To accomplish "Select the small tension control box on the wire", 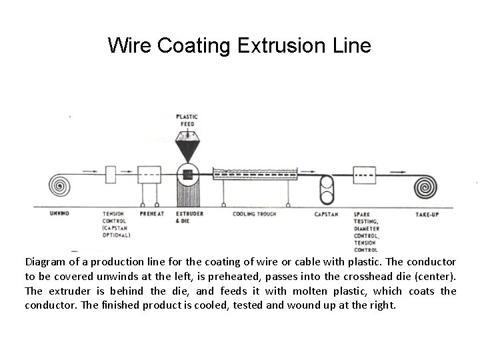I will pyautogui.click(x=111, y=174).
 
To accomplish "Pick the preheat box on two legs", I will pyautogui.click(x=149, y=177).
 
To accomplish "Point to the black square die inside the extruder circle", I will pyautogui.click(x=188, y=175).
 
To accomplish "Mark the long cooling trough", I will pyautogui.click(x=254, y=175).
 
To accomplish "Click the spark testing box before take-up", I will pyautogui.click(x=364, y=176).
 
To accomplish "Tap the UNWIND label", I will pyautogui.click(x=59, y=214).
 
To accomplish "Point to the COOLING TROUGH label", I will pyautogui.click(x=255, y=214).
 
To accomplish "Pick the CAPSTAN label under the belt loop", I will pyautogui.click(x=326, y=214).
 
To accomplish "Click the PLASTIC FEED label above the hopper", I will pyautogui.click(x=189, y=120).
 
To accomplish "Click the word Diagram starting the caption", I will pyautogui.click(x=47, y=261).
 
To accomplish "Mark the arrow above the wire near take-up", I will pyautogui.click(x=399, y=170).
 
